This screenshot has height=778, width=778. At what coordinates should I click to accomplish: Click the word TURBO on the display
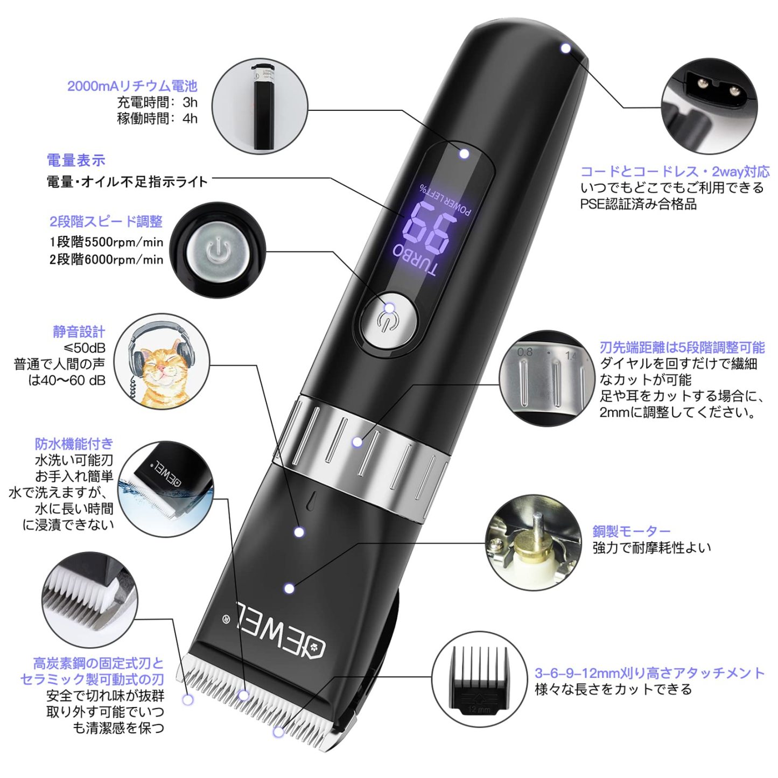[x=415, y=262]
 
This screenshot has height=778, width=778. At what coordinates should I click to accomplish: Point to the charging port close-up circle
[x=709, y=107]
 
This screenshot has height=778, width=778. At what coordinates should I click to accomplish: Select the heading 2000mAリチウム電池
[x=132, y=86]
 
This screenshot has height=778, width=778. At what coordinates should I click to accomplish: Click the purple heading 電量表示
[x=76, y=160]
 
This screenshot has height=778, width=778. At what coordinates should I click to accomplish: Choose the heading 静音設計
[x=79, y=332]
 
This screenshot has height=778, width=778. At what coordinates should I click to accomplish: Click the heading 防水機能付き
[x=74, y=444]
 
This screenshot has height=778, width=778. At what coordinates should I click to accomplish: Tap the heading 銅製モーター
[x=632, y=531]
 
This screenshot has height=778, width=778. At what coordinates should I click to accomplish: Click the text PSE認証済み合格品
[x=638, y=204]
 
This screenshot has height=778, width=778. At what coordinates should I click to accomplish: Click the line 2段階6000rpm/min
[x=106, y=260]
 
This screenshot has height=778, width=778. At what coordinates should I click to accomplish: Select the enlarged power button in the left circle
[x=218, y=251]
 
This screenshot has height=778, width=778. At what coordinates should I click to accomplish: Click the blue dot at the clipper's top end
[x=565, y=48]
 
